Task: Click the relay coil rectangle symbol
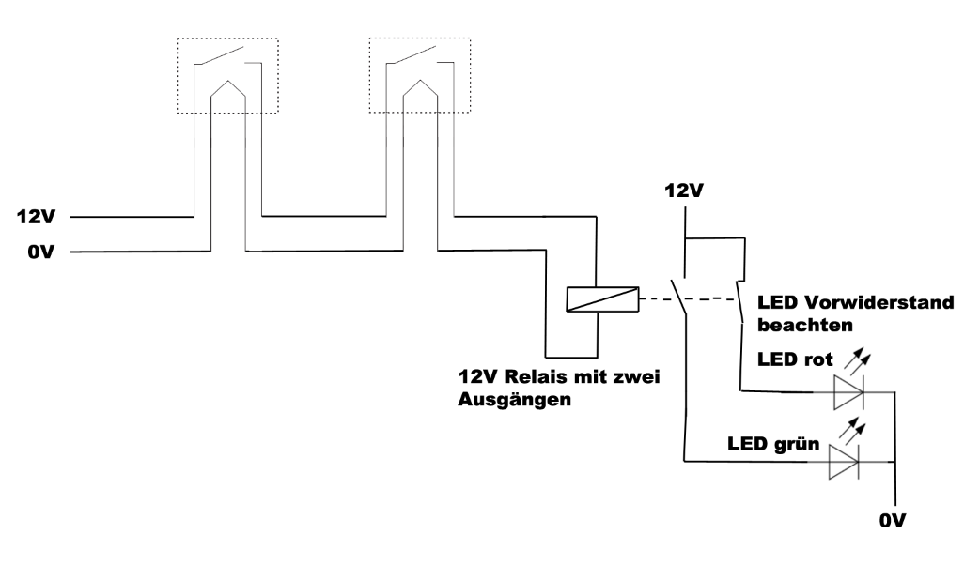pyautogui.click(x=601, y=298)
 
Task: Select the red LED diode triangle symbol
pyautogui.click(x=848, y=392)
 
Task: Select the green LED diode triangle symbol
pyautogui.click(x=843, y=462)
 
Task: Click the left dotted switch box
pyautogui.click(x=227, y=76)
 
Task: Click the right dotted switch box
pyautogui.click(x=418, y=76)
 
